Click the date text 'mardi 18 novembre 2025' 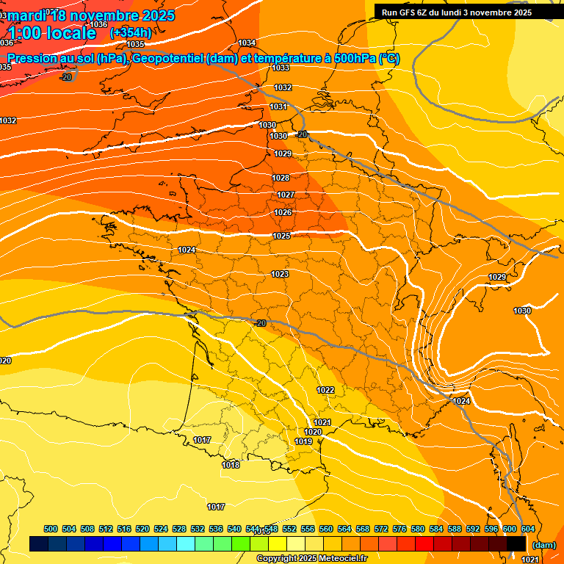click(91, 15)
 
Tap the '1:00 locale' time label click(52, 33)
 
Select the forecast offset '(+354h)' click(131, 33)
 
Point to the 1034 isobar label click(247, 43)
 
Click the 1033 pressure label click(281, 68)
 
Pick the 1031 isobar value click(278, 106)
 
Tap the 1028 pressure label click(281, 178)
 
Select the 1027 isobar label click(285, 195)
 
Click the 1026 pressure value click(283, 212)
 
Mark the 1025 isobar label click(281, 236)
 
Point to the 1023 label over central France click(280, 274)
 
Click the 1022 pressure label click(326, 390)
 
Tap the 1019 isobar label click(303, 441)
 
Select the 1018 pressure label click(231, 465)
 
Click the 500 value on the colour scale click(51, 529)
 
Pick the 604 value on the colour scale click(528, 529)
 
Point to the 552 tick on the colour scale click(289, 529)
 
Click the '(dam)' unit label click(543, 544)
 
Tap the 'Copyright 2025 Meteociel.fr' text click(311, 558)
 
